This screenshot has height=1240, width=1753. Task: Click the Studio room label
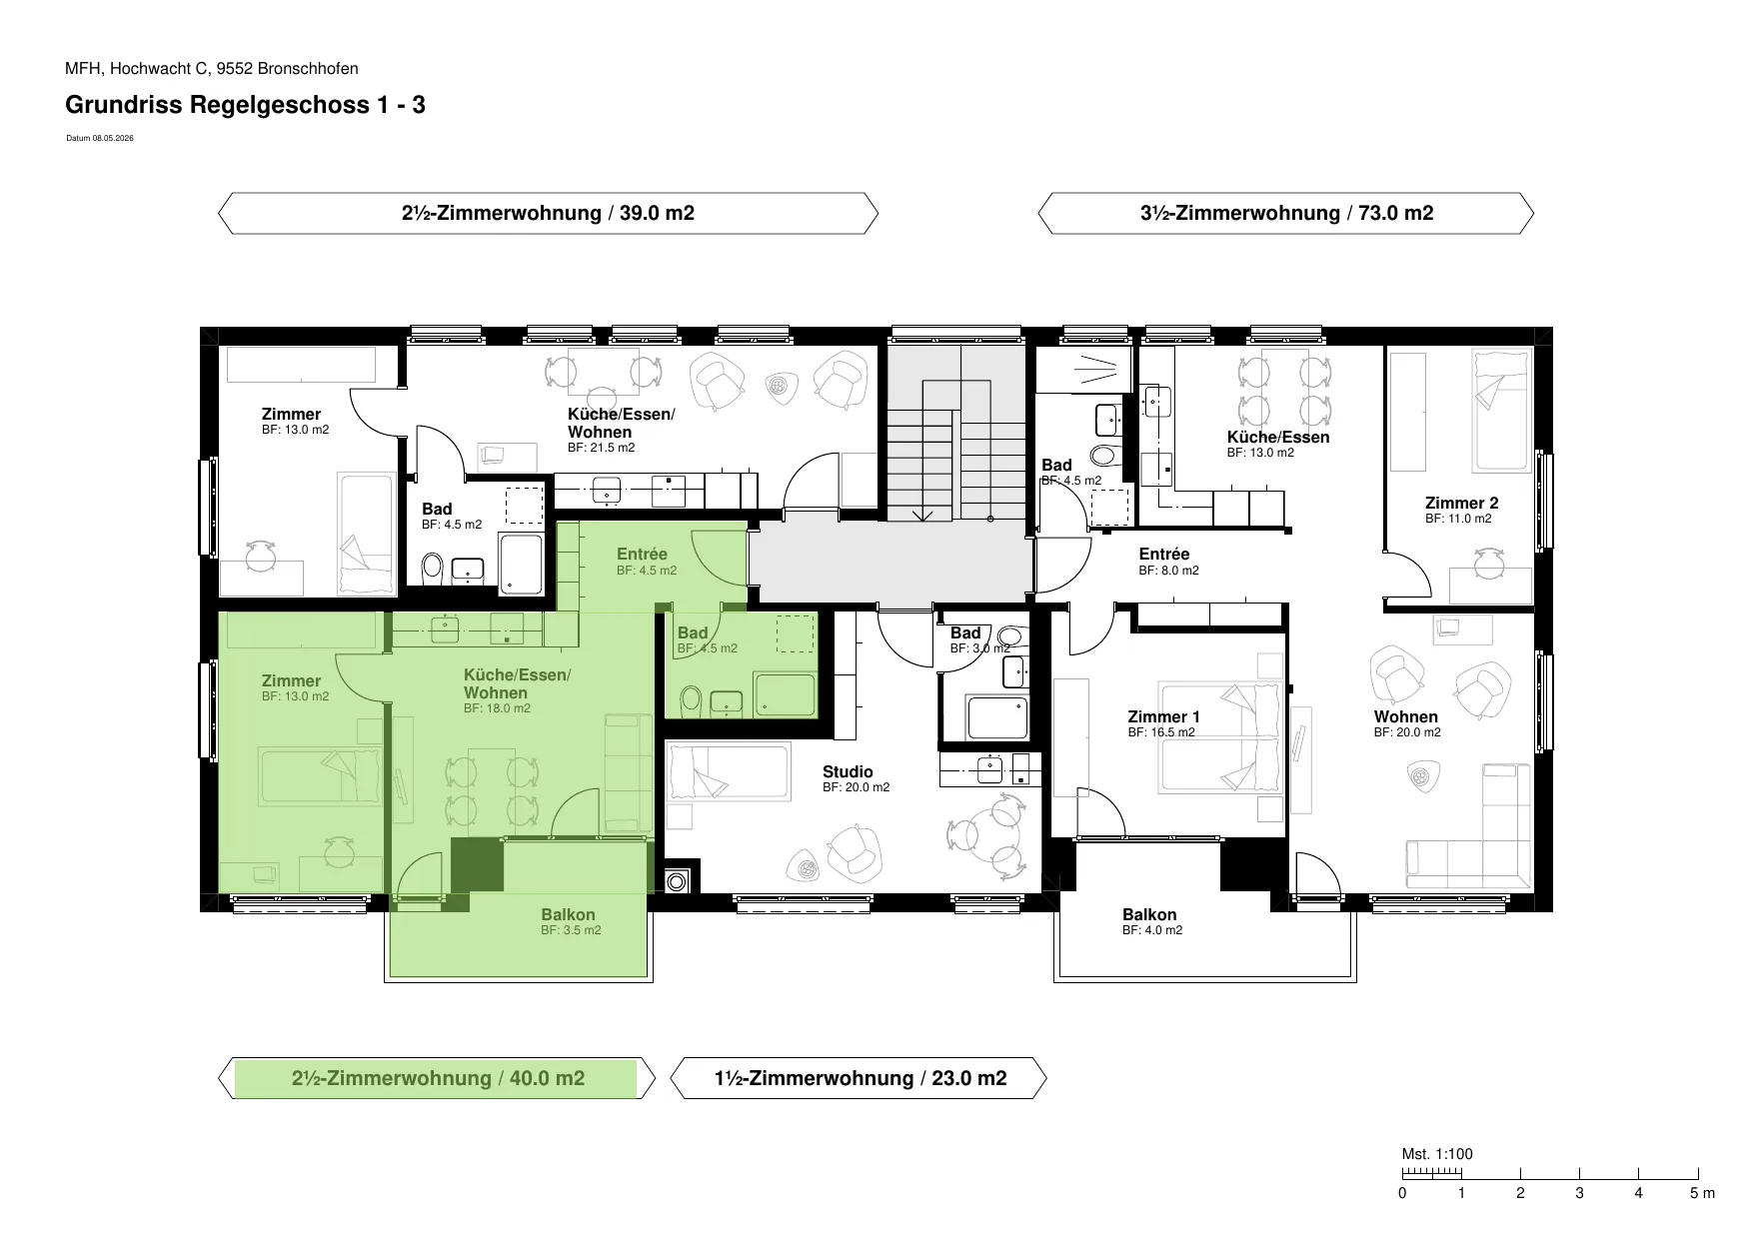[848, 771]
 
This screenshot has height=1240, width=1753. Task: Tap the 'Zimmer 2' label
[1461, 503]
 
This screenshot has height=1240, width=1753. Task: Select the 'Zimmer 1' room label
[1163, 716]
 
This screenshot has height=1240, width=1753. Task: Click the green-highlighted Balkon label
[568, 914]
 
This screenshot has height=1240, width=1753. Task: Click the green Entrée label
[642, 555]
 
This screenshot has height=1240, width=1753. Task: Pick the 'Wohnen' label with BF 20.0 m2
[1406, 716]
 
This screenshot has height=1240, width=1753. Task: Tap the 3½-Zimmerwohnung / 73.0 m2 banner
[1286, 213]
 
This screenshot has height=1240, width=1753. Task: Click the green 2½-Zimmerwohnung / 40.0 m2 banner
[437, 1078]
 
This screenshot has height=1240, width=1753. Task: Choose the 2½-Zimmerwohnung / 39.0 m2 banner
[548, 213]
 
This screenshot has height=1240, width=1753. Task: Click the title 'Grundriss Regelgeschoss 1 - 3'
[245, 105]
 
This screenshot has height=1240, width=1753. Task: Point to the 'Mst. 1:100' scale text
[1437, 1154]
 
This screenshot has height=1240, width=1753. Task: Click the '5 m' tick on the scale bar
[1702, 1193]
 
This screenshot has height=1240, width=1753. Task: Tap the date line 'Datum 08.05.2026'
[100, 139]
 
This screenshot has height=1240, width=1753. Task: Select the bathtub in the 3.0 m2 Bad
[996, 717]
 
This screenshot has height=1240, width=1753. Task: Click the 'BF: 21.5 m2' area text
[601, 448]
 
